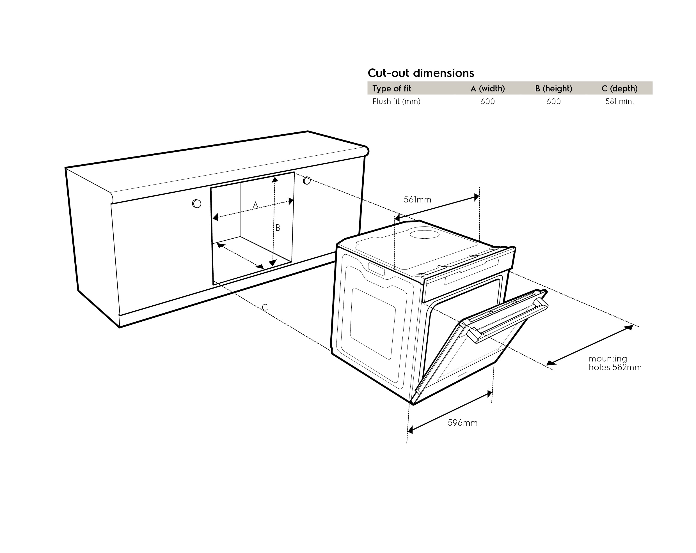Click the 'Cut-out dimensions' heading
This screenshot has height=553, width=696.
coord(421,73)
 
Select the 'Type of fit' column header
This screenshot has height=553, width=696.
coord(391,88)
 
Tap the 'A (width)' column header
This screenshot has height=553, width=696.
coord(487,88)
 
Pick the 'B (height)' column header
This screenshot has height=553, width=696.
coord(553,88)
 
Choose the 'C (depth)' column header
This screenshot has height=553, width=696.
coord(619,88)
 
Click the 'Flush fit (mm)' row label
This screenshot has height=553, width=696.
coord(396,101)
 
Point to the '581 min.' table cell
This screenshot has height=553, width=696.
coord(619,101)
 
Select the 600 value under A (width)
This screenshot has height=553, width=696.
coord(487,101)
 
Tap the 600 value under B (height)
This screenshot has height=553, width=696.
coord(553,101)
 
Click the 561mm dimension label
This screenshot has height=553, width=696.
coord(417,200)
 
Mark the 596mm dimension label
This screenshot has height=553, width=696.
coord(462,423)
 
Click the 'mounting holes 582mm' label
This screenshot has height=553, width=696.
coord(615,363)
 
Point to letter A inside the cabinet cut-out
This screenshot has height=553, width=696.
coord(255,205)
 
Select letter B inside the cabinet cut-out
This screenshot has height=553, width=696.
coord(278,228)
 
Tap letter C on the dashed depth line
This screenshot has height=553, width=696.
coord(265,307)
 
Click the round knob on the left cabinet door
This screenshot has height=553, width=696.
coord(197,204)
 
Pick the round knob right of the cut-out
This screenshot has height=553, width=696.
coord(307,180)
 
